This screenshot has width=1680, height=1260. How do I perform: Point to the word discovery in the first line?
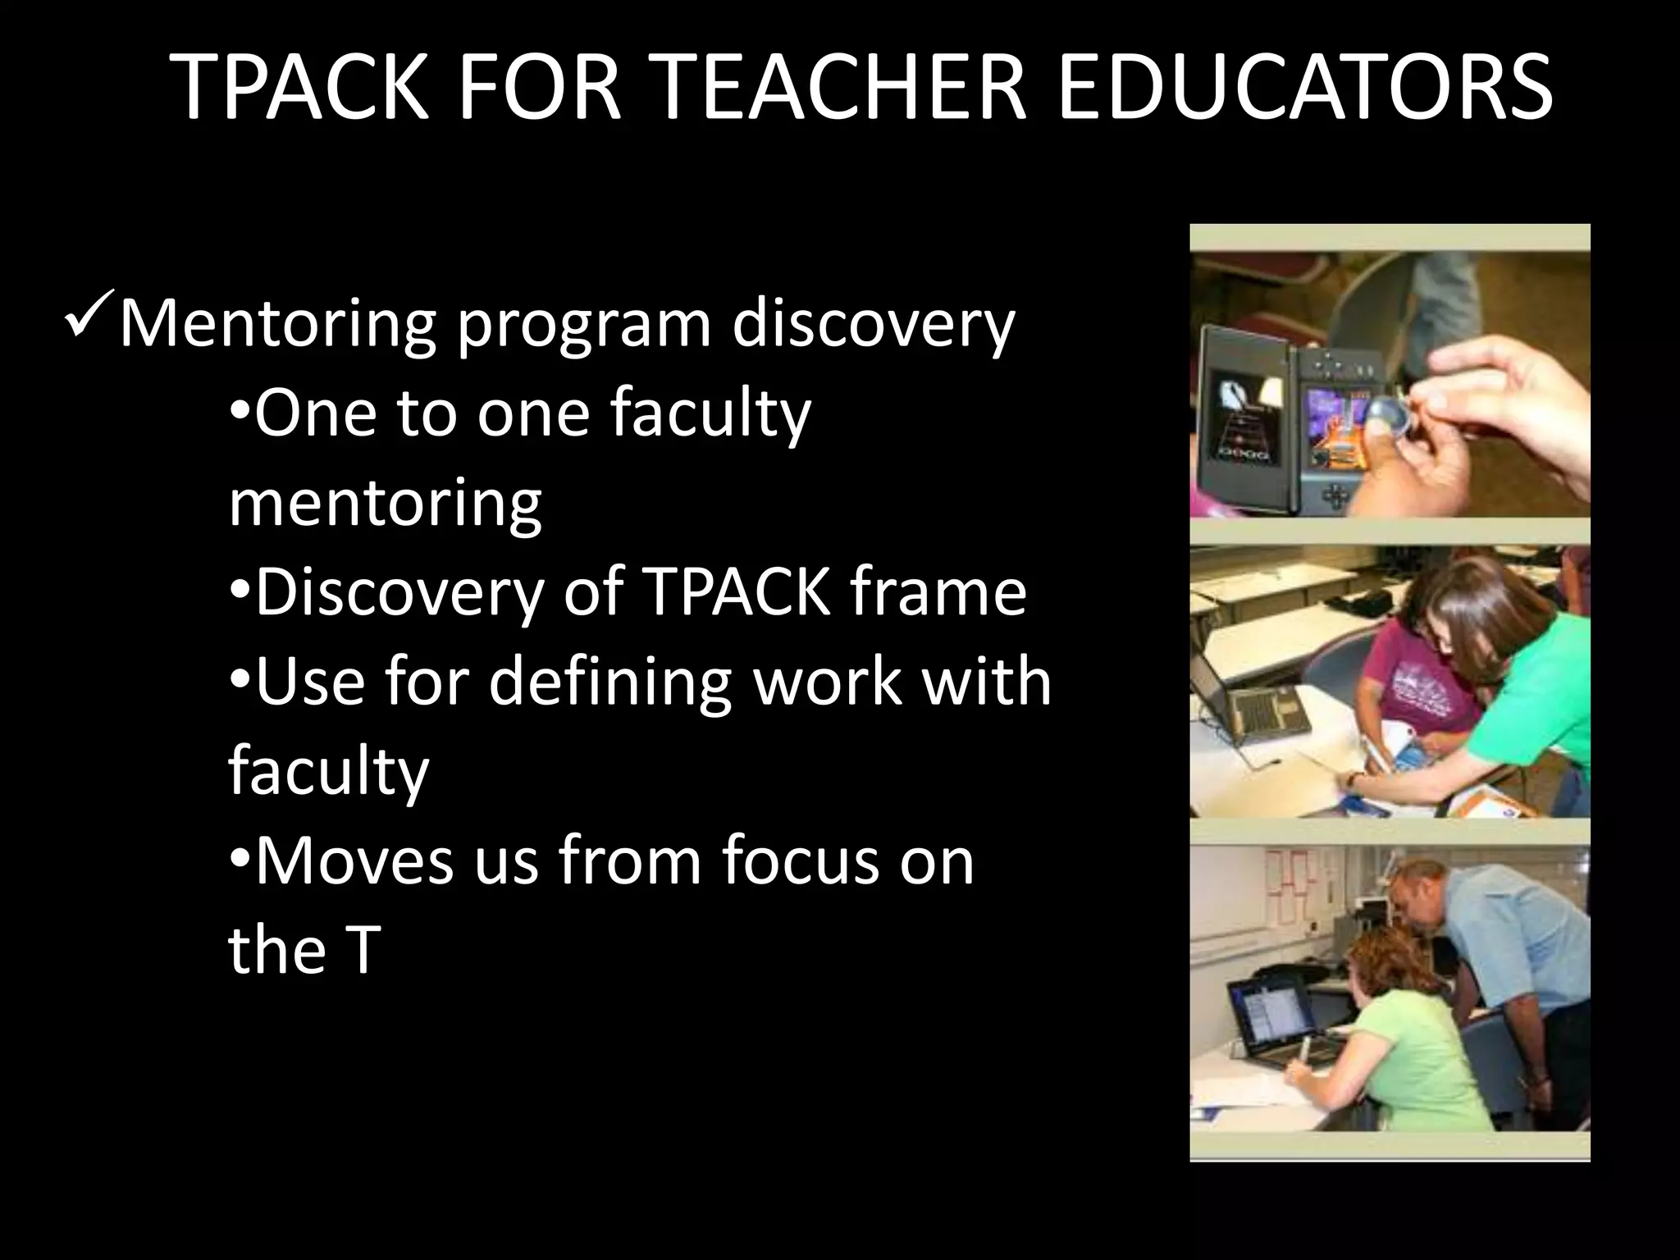(x=873, y=325)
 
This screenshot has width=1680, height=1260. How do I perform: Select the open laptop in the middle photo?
(x=1255, y=705)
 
